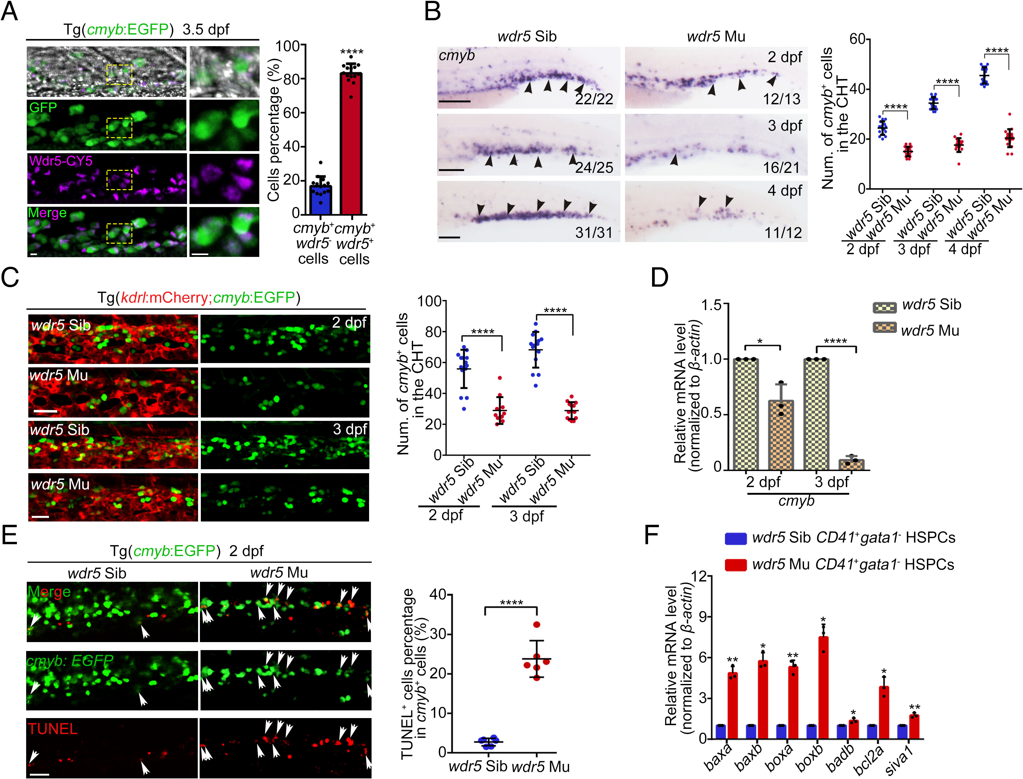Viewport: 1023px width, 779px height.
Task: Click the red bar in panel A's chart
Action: (x=351, y=144)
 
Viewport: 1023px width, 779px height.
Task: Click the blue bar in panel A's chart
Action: (x=320, y=199)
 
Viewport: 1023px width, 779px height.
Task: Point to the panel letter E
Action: (x=10, y=535)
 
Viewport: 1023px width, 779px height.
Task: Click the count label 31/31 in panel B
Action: (x=594, y=232)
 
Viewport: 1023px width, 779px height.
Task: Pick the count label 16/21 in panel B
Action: (x=782, y=167)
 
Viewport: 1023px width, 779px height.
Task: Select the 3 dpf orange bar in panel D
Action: (x=851, y=464)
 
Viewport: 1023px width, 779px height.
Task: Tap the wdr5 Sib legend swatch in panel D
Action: (x=884, y=307)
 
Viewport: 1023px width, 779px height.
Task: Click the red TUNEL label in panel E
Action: (x=52, y=729)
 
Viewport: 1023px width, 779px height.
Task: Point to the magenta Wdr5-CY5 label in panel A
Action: (x=61, y=161)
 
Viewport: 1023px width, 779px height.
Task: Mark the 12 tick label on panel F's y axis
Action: (x=701, y=576)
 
